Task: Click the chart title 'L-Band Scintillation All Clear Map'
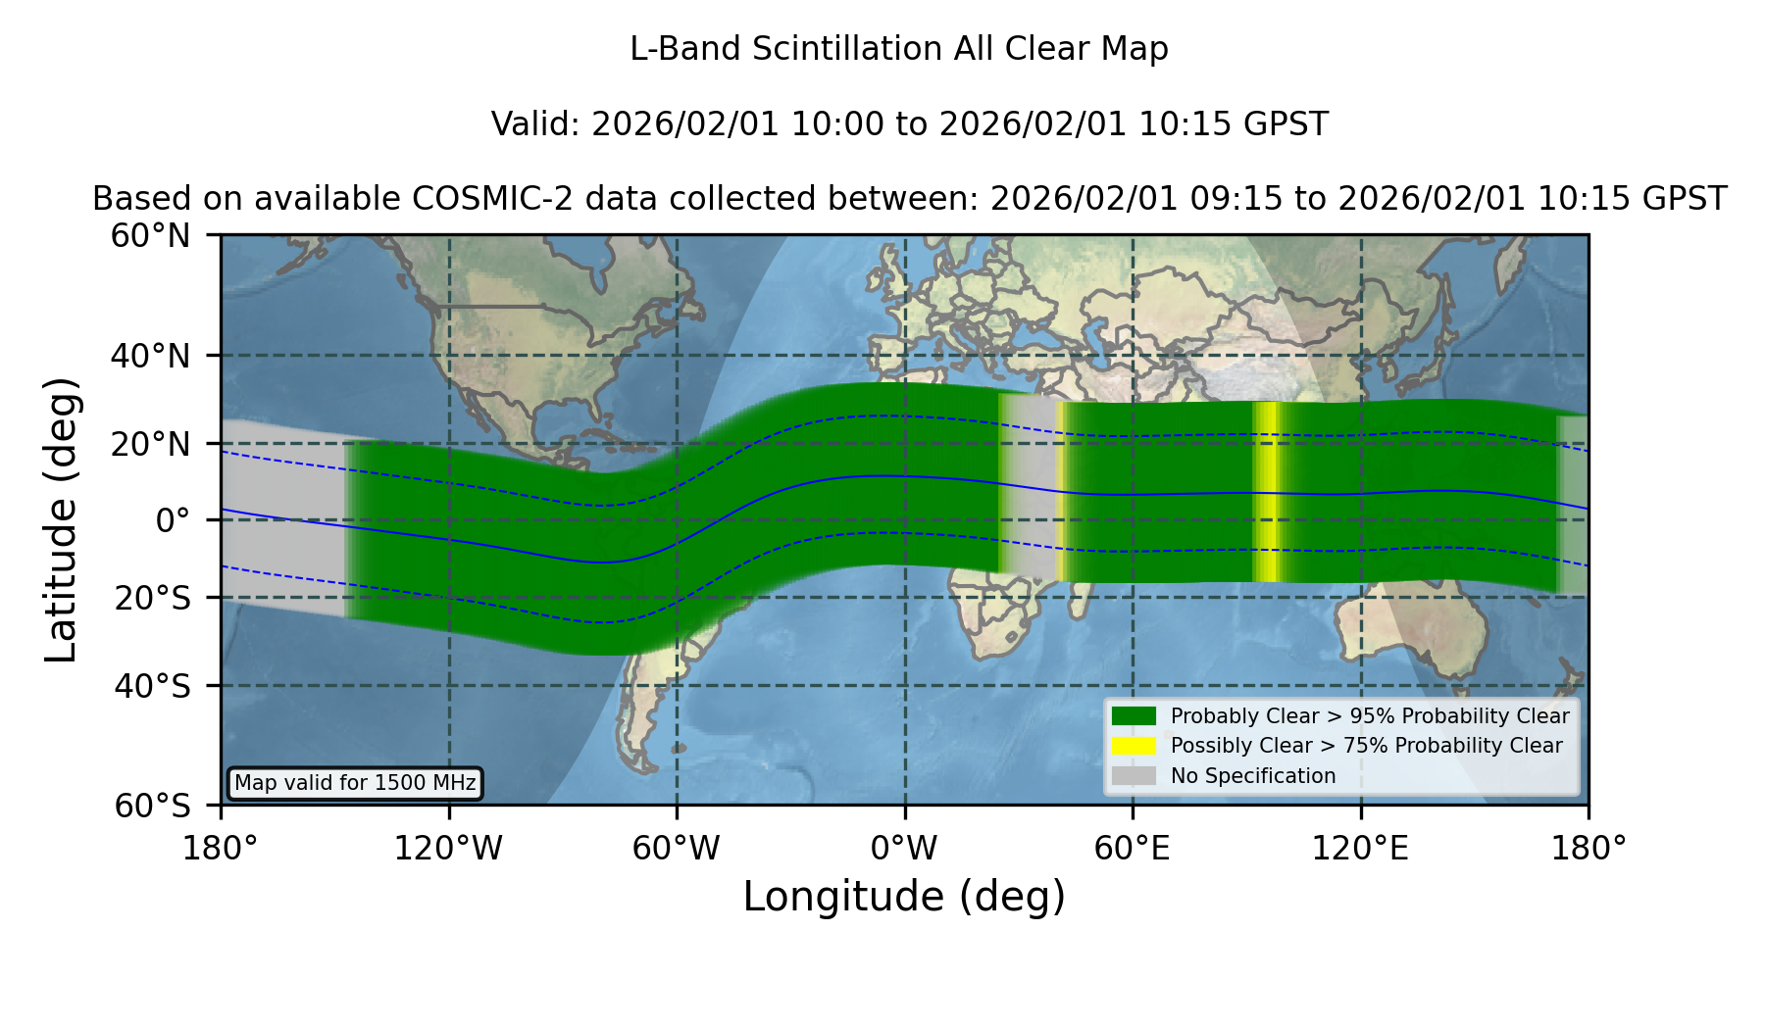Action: click(898, 49)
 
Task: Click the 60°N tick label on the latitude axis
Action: click(151, 236)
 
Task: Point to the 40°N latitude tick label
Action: click(151, 356)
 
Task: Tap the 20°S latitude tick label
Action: click(153, 598)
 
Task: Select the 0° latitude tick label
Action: click(173, 520)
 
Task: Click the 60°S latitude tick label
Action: click(153, 806)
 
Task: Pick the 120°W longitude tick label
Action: click(448, 849)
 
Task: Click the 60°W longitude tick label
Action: click(677, 849)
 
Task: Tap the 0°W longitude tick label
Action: click(905, 849)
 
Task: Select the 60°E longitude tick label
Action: click(1133, 849)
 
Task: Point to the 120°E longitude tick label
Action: click(1361, 849)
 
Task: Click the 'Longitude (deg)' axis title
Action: click(904, 897)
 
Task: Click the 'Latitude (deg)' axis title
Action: click(62, 519)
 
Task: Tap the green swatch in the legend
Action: click(1135, 716)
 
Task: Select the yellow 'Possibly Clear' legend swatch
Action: click(1135, 746)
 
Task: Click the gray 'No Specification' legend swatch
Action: click(1135, 776)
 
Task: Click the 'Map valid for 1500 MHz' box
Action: click(355, 783)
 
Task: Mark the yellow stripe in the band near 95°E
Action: click(1267, 492)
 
